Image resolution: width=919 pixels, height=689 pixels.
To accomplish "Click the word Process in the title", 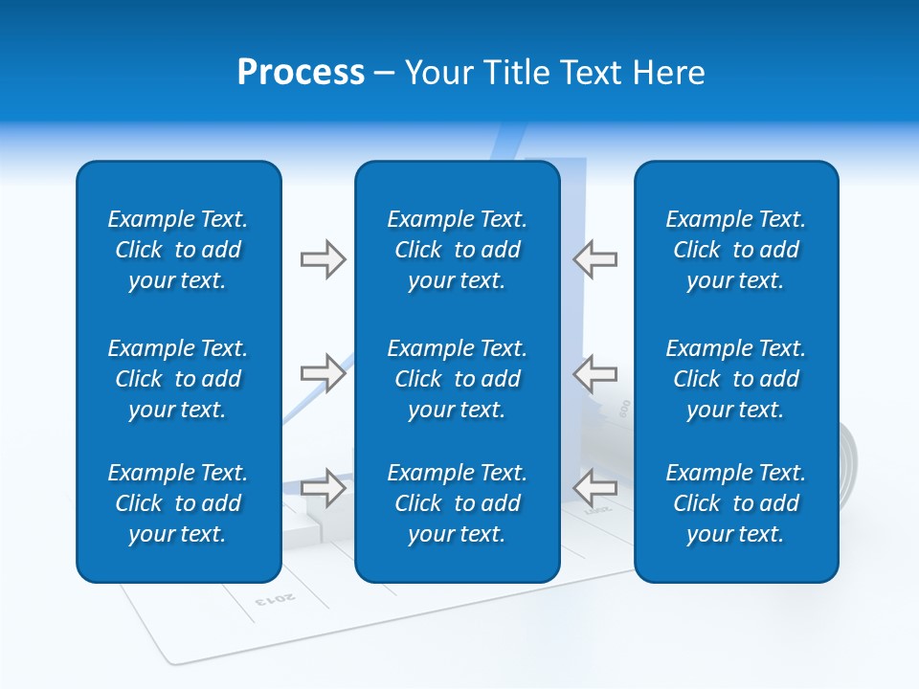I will [301, 73].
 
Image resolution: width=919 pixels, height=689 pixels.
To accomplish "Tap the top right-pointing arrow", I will [323, 259].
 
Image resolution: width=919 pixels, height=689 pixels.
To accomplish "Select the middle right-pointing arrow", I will [323, 372].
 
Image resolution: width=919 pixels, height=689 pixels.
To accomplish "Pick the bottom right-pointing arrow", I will [323, 487].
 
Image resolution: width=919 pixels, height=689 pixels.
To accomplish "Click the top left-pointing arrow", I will [595, 259].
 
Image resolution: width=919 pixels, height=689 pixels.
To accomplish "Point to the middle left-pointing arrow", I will [595, 372].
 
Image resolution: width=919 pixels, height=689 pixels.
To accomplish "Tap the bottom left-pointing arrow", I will [595, 487].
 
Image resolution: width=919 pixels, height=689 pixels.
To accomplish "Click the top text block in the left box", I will [178, 250].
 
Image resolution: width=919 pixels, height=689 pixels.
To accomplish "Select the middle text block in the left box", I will [178, 379].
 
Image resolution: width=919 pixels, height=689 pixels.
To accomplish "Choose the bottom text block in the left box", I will [178, 503].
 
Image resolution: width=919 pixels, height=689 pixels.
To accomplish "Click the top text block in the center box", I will [458, 250].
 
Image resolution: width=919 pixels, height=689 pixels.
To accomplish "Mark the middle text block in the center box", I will [458, 379].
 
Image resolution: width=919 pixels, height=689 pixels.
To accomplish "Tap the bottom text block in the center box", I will [458, 503].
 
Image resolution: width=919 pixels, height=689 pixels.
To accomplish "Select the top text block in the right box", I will [736, 250].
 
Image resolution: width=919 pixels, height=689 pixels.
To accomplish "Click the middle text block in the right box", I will [736, 379].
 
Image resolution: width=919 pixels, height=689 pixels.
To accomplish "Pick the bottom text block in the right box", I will [736, 503].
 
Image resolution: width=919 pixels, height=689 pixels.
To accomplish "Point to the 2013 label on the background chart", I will [276, 599].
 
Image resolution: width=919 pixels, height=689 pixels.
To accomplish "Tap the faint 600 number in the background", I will [624, 408].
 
